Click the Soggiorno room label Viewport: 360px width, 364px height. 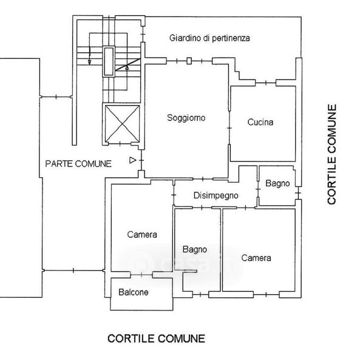(x=186, y=118)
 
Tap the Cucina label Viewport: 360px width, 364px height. (x=260, y=122)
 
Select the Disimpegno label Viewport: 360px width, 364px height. (x=216, y=195)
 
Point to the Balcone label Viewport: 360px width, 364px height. (x=134, y=292)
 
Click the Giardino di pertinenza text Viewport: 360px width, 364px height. (x=209, y=38)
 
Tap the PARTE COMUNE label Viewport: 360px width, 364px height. (x=78, y=164)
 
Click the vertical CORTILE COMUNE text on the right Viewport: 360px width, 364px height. (x=332, y=154)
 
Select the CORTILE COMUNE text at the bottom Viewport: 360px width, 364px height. (x=156, y=339)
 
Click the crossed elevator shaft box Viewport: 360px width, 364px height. (x=122, y=124)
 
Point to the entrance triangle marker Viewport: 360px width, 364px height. (x=132, y=160)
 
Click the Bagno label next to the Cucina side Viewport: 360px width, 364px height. (x=277, y=183)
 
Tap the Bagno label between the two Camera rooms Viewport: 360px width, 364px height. (x=195, y=249)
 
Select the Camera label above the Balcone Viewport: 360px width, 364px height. (x=142, y=234)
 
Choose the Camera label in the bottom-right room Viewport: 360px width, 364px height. (x=256, y=258)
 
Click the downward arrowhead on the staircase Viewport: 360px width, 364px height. (x=89, y=62)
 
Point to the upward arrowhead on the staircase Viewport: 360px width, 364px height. (x=127, y=68)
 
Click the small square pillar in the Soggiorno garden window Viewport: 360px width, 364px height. (x=189, y=61)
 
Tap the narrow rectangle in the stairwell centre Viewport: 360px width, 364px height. (x=109, y=61)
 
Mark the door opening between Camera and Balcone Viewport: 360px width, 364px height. (x=141, y=275)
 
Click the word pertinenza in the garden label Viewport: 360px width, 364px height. (x=231, y=38)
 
